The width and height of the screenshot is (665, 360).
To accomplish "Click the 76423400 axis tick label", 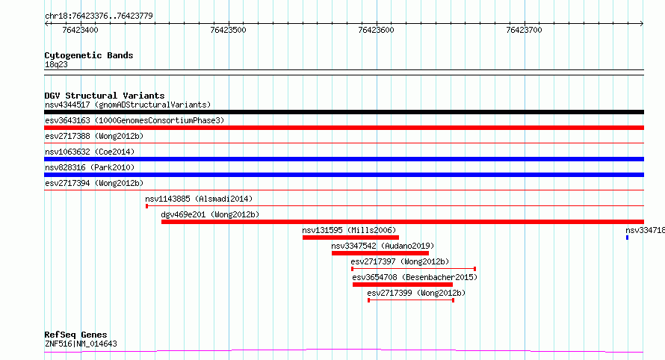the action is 80,30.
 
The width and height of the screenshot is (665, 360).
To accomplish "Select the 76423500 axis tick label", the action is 228,30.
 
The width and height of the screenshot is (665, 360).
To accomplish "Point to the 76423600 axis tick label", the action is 376,30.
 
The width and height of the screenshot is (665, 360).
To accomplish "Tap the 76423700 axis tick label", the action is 525,30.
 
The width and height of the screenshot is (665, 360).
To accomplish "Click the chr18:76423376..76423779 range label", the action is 99,16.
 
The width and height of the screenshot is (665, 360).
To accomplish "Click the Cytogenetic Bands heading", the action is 89,55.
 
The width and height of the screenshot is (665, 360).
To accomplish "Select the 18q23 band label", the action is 56,64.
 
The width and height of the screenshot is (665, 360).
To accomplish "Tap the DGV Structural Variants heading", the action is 105,96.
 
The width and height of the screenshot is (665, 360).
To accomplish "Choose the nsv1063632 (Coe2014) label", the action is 90,152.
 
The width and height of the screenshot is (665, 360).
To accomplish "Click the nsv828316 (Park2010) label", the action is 90,167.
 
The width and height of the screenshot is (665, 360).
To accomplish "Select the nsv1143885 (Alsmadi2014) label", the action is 199,199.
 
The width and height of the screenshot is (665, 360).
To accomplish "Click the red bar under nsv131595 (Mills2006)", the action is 350,238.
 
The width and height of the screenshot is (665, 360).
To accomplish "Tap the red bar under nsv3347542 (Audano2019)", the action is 380,253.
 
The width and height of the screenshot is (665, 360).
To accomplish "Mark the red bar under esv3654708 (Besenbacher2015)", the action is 403,285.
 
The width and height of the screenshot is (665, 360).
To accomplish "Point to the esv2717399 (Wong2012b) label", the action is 416,293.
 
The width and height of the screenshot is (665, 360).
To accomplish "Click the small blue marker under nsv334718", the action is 627,238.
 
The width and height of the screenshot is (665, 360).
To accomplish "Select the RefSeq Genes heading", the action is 75,335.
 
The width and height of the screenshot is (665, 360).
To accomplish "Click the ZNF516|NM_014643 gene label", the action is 81,344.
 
